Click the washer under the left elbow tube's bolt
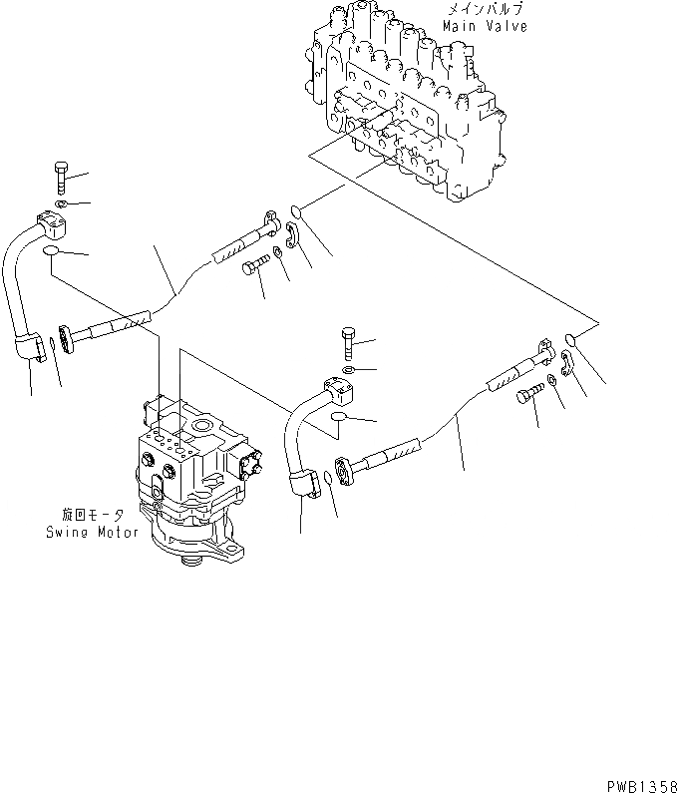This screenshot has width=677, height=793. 60,206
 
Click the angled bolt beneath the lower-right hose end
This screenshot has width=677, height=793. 528,396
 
